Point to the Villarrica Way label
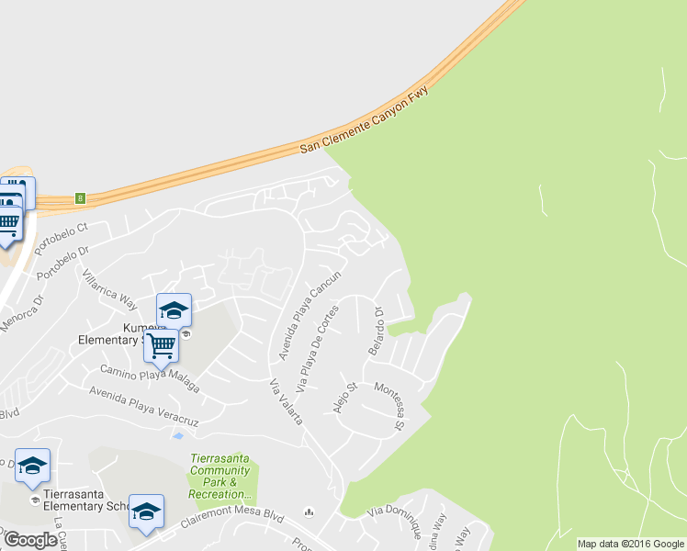[108, 289]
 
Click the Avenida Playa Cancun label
[310, 314]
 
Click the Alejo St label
[345, 398]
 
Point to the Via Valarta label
[287, 401]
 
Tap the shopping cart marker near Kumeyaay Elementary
[161, 346]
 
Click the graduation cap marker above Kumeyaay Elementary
[174, 309]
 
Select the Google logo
[30, 540]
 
